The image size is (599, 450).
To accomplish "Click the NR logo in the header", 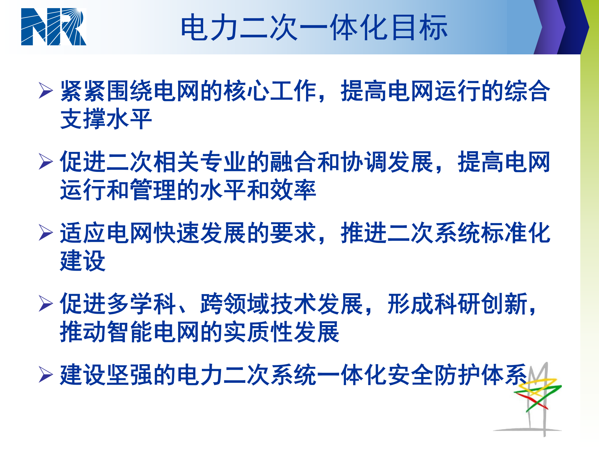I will point(53,27).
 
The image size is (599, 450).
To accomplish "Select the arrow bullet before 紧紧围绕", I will point(46,90).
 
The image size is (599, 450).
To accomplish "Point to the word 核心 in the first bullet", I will point(247,91).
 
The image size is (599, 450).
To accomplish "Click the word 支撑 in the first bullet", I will point(83,119).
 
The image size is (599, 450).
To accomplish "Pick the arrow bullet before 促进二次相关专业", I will point(46,162).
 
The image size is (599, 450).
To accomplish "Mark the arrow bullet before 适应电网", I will point(46,233).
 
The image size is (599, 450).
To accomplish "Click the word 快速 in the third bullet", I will point(177,233).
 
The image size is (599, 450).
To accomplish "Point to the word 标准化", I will point(516,233).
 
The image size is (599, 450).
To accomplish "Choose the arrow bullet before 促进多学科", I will point(46,304).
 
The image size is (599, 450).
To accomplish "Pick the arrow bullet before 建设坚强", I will point(46,375).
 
